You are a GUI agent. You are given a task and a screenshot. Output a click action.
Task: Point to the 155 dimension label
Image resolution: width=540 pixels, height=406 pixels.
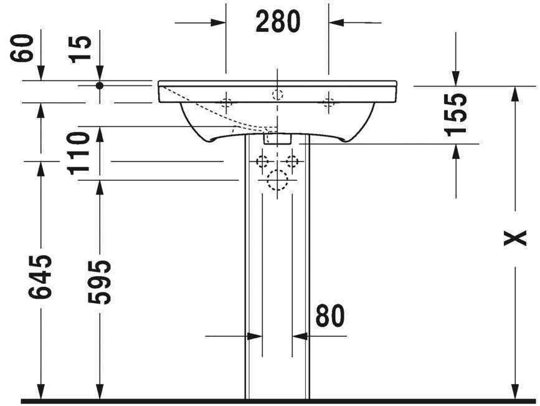tap(456, 114)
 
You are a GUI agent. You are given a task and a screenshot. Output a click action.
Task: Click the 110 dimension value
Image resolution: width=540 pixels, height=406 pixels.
tap(81, 153)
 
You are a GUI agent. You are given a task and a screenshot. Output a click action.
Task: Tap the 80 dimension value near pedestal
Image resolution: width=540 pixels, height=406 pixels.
tap(329, 316)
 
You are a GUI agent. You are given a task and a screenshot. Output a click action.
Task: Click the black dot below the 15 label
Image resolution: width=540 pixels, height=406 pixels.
tap(99, 85)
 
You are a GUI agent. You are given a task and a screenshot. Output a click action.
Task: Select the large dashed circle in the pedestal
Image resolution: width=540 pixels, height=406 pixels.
tap(277, 181)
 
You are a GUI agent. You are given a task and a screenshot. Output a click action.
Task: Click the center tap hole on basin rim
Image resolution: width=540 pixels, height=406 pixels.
tap(277, 95)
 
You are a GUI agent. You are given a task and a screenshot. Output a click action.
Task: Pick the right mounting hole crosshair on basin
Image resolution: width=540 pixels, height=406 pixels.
tap(328, 102)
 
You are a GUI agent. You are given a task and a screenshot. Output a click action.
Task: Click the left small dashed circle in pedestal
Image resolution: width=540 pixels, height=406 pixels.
tap(262, 162)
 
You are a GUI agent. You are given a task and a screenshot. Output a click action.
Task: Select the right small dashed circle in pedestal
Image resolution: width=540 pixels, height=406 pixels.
tap(291, 162)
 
